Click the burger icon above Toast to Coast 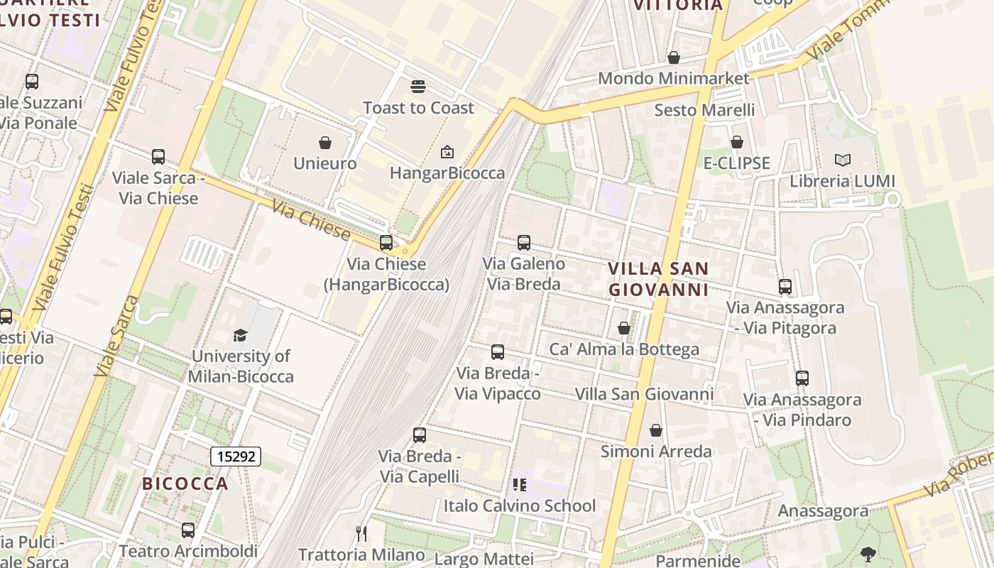coord(418,87)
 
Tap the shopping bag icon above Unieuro coord(325,143)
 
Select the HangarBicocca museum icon coord(447,152)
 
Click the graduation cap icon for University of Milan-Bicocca coord(241,335)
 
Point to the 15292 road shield coord(236,457)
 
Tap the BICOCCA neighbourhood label coord(185,484)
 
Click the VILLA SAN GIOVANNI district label coord(658,279)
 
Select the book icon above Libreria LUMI coord(843,160)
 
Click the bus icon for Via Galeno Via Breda coord(524,243)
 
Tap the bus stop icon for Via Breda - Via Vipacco coord(498,352)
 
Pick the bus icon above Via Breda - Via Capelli coord(420,435)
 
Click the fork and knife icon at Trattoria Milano coord(361,534)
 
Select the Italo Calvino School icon coord(520,485)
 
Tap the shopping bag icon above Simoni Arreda coord(656,430)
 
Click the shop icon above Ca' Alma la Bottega coord(624,328)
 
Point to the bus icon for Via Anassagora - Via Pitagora coord(785,287)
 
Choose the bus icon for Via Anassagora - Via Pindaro coord(802,378)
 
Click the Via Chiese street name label coord(311,222)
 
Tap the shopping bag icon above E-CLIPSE coord(737,143)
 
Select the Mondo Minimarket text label coord(673,78)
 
